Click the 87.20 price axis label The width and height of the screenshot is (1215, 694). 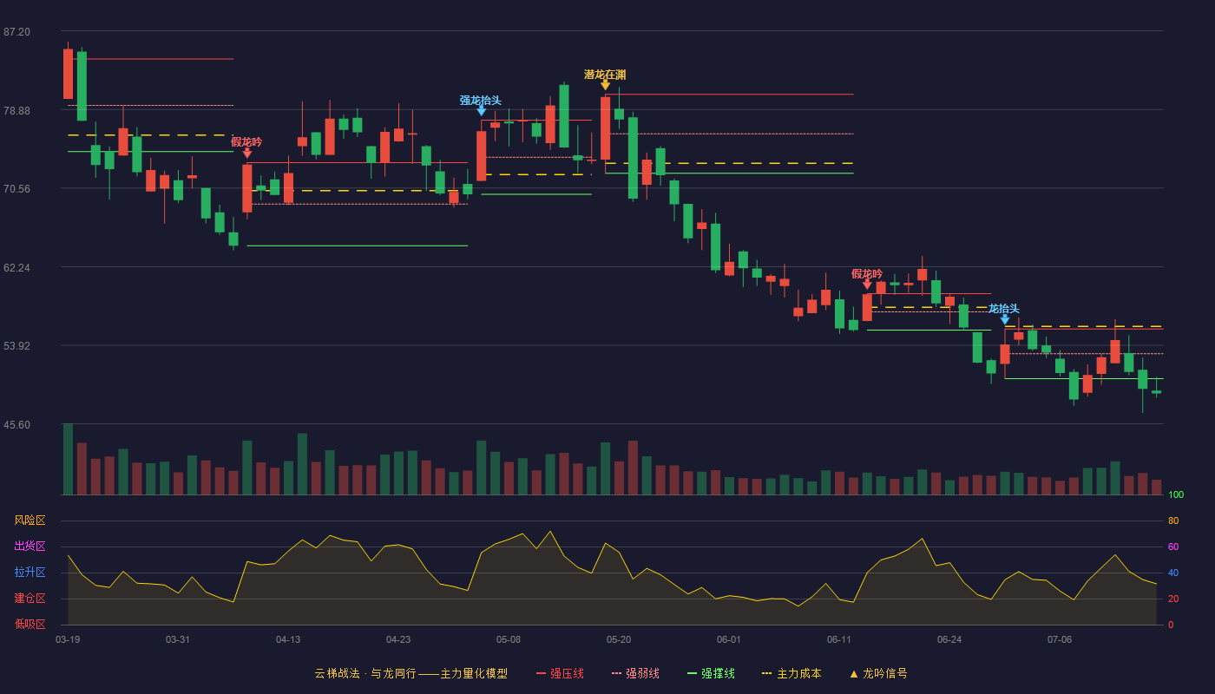click(16, 32)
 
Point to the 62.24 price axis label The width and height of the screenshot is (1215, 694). click(16, 268)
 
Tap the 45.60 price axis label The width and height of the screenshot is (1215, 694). click(16, 425)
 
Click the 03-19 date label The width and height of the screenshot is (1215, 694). click(68, 640)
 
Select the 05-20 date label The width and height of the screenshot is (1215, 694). click(619, 640)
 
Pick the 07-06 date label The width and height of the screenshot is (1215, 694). click(1060, 640)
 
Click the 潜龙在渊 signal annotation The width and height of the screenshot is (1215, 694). click(605, 75)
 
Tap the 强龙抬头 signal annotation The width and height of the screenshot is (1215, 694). click(481, 101)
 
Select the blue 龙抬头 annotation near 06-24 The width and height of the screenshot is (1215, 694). click(1003, 309)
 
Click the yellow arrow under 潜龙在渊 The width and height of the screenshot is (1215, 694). click(606, 85)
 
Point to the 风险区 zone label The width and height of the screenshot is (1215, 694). click(30, 520)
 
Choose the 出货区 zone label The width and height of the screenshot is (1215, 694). click(30, 547)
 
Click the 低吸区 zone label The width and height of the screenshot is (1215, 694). click(30, 625)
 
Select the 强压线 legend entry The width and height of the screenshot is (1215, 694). click(561, 674)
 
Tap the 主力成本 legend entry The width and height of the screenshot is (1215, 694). click(791, 674)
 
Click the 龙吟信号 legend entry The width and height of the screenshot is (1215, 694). click(878, 674)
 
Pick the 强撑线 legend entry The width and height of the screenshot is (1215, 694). click(711, 674)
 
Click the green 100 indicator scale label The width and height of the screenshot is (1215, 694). click(1176, 494)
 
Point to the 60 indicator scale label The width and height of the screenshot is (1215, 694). click(1173, 547)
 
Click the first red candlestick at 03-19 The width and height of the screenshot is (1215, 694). click(68, 74)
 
